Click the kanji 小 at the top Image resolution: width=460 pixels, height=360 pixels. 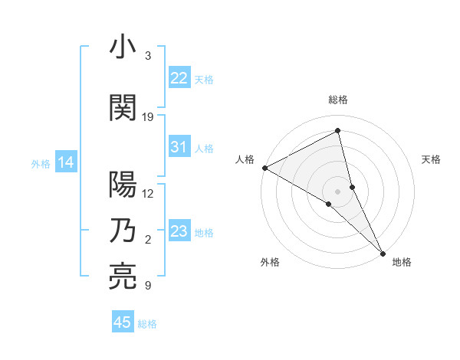(123, 48)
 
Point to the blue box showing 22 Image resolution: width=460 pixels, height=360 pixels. (179, 78)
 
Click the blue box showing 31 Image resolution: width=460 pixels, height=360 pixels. (179, 147)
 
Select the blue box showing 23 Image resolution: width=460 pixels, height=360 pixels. (179, 231)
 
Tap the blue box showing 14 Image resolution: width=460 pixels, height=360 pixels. (66, 162)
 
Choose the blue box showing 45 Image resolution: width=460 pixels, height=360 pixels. (123, 322)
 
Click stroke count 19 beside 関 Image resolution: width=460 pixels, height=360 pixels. (148, 117)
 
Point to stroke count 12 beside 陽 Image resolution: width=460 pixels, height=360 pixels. (148, 194)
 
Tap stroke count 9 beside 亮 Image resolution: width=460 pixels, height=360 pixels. (148, 286)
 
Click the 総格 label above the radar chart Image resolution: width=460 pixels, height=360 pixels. (338, 100)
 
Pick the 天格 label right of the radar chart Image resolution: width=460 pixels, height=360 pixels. (432, 159)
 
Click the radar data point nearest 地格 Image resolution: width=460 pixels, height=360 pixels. (383, 252)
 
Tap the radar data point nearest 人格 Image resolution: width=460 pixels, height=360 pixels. (264, 167)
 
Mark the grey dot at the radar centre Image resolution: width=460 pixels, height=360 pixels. (338, 191)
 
